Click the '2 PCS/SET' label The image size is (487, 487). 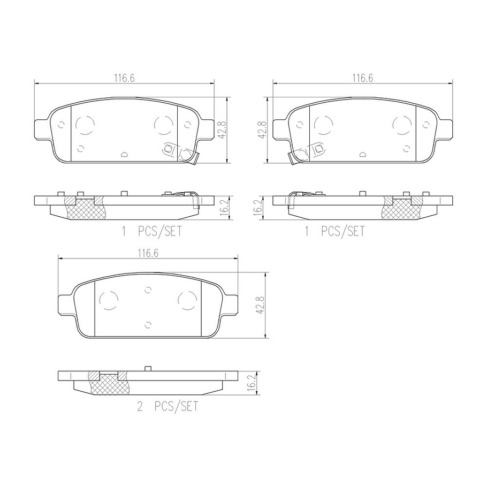coord(168,407)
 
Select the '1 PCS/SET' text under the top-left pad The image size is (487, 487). coord(149,231)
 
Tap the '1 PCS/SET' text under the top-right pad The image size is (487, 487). coord(334,231)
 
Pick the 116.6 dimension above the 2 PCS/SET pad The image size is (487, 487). coord(148,254)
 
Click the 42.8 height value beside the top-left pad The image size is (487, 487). coord(222,130)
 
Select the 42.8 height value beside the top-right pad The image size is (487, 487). coord(262,130)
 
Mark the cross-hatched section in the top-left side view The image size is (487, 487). coord(85,209)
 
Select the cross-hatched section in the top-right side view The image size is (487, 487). coord(401,209)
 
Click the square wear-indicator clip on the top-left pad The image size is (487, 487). coord(170,149)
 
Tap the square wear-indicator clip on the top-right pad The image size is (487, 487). coord(317,149)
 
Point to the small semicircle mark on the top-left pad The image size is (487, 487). coord(124,154)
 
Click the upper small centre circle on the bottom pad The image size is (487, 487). coord(148,290)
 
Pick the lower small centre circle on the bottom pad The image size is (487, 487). coord(148,323)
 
